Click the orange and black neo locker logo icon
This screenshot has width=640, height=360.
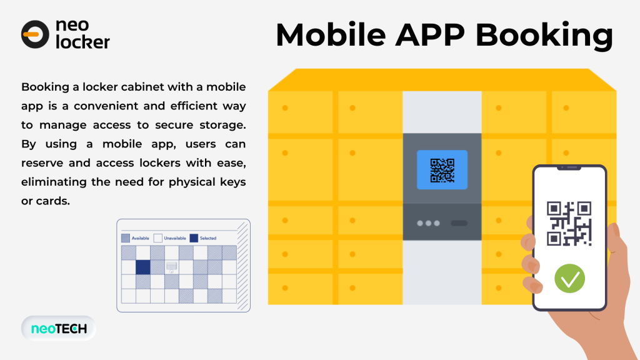click(35, 34)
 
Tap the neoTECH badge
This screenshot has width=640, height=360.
click(59, 328)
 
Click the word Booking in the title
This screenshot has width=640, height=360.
click(544, 36)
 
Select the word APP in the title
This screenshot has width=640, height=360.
click(430, 35)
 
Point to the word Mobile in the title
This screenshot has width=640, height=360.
click(331, 35)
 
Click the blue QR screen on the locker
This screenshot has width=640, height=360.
click(442, 170)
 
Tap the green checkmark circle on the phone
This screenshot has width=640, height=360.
click(570, 278)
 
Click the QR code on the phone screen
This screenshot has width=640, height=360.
click(569, 224)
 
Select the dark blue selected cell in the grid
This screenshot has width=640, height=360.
click(143, 267)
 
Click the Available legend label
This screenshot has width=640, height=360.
click(140, 238)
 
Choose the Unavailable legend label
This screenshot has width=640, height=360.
click(175, 238)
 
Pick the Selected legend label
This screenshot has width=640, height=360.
click(207, 238)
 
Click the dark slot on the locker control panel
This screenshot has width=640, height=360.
click(459, 223)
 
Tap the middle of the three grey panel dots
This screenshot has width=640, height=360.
click(428, 223)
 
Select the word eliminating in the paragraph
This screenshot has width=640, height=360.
click(54, 182)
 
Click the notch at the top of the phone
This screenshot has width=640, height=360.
click(569, 167)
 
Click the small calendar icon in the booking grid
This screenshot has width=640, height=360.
click(171, 267)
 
